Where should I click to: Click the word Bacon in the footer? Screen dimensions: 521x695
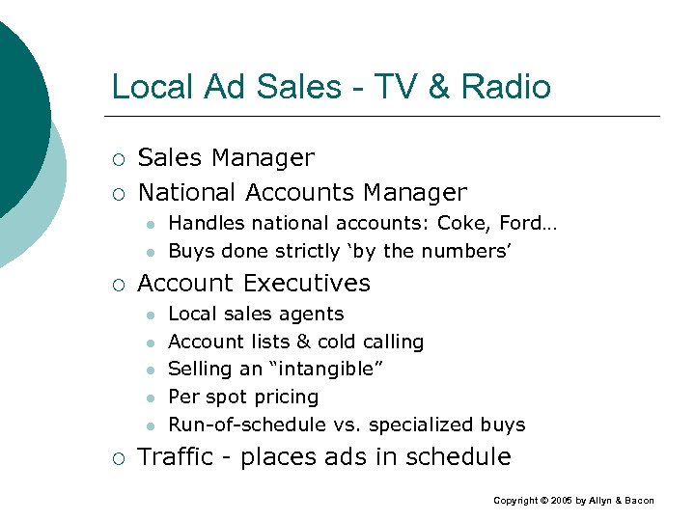click(x=638, y=501)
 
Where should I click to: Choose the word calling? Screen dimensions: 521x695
click(x=391, y=342)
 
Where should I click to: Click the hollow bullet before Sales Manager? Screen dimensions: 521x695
click(x=118, y=158)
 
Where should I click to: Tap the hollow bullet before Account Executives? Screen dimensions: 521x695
click(x=118, y=284)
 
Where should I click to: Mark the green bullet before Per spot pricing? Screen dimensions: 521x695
click(x=149, y=398)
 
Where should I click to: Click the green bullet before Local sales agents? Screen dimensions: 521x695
click(x=149, y=315)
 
